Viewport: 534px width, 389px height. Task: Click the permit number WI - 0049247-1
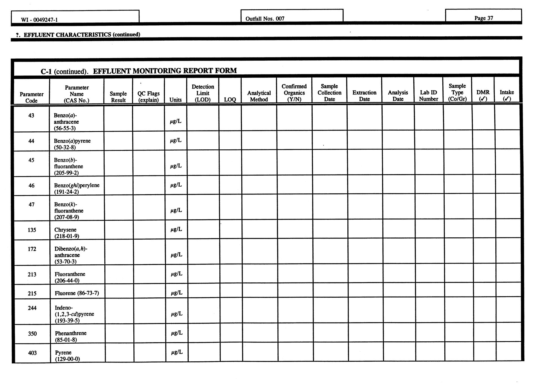click(39, 20)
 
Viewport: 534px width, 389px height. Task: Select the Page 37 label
click(484, 18)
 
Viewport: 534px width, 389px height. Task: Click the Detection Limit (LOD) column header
click(203, 93)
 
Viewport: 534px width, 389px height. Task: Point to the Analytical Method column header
click(259, 96)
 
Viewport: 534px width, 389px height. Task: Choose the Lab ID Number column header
click(428, 96)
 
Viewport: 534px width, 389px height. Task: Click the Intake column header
click(507, 95)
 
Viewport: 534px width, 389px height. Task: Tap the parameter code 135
click(32, 230)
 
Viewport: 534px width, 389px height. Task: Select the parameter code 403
click(32, 353)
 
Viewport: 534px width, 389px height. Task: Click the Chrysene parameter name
click(65, 230)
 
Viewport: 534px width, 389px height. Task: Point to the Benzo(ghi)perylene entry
click(77, 185)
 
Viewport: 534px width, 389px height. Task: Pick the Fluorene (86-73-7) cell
click(77, 293)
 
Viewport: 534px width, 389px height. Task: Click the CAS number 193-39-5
click(67, 321)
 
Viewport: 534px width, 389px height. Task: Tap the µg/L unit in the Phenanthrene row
click(177, 333)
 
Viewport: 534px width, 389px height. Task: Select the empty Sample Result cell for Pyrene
click(120, 352)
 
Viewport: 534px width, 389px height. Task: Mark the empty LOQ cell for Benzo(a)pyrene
click(230, 140)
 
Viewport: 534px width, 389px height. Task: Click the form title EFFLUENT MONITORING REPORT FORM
click(165, 70)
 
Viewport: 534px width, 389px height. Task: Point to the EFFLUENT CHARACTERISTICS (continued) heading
click(82, 35)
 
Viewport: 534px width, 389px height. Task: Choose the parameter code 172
click(32, 249)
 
